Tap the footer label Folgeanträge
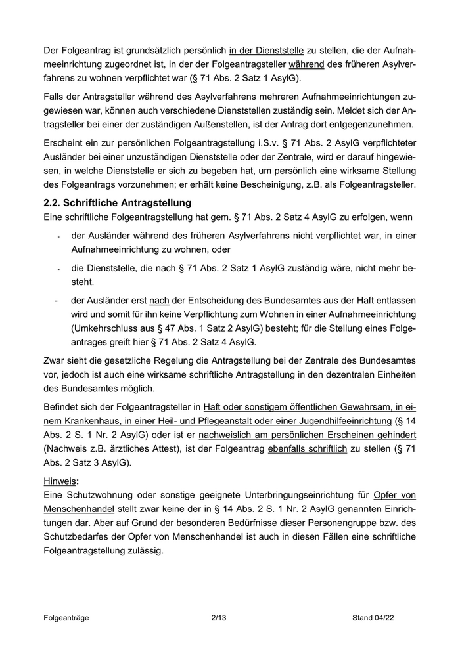[x=66, y=618]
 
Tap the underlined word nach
[x=159, y=299]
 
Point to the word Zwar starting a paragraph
[x=55, y=360]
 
